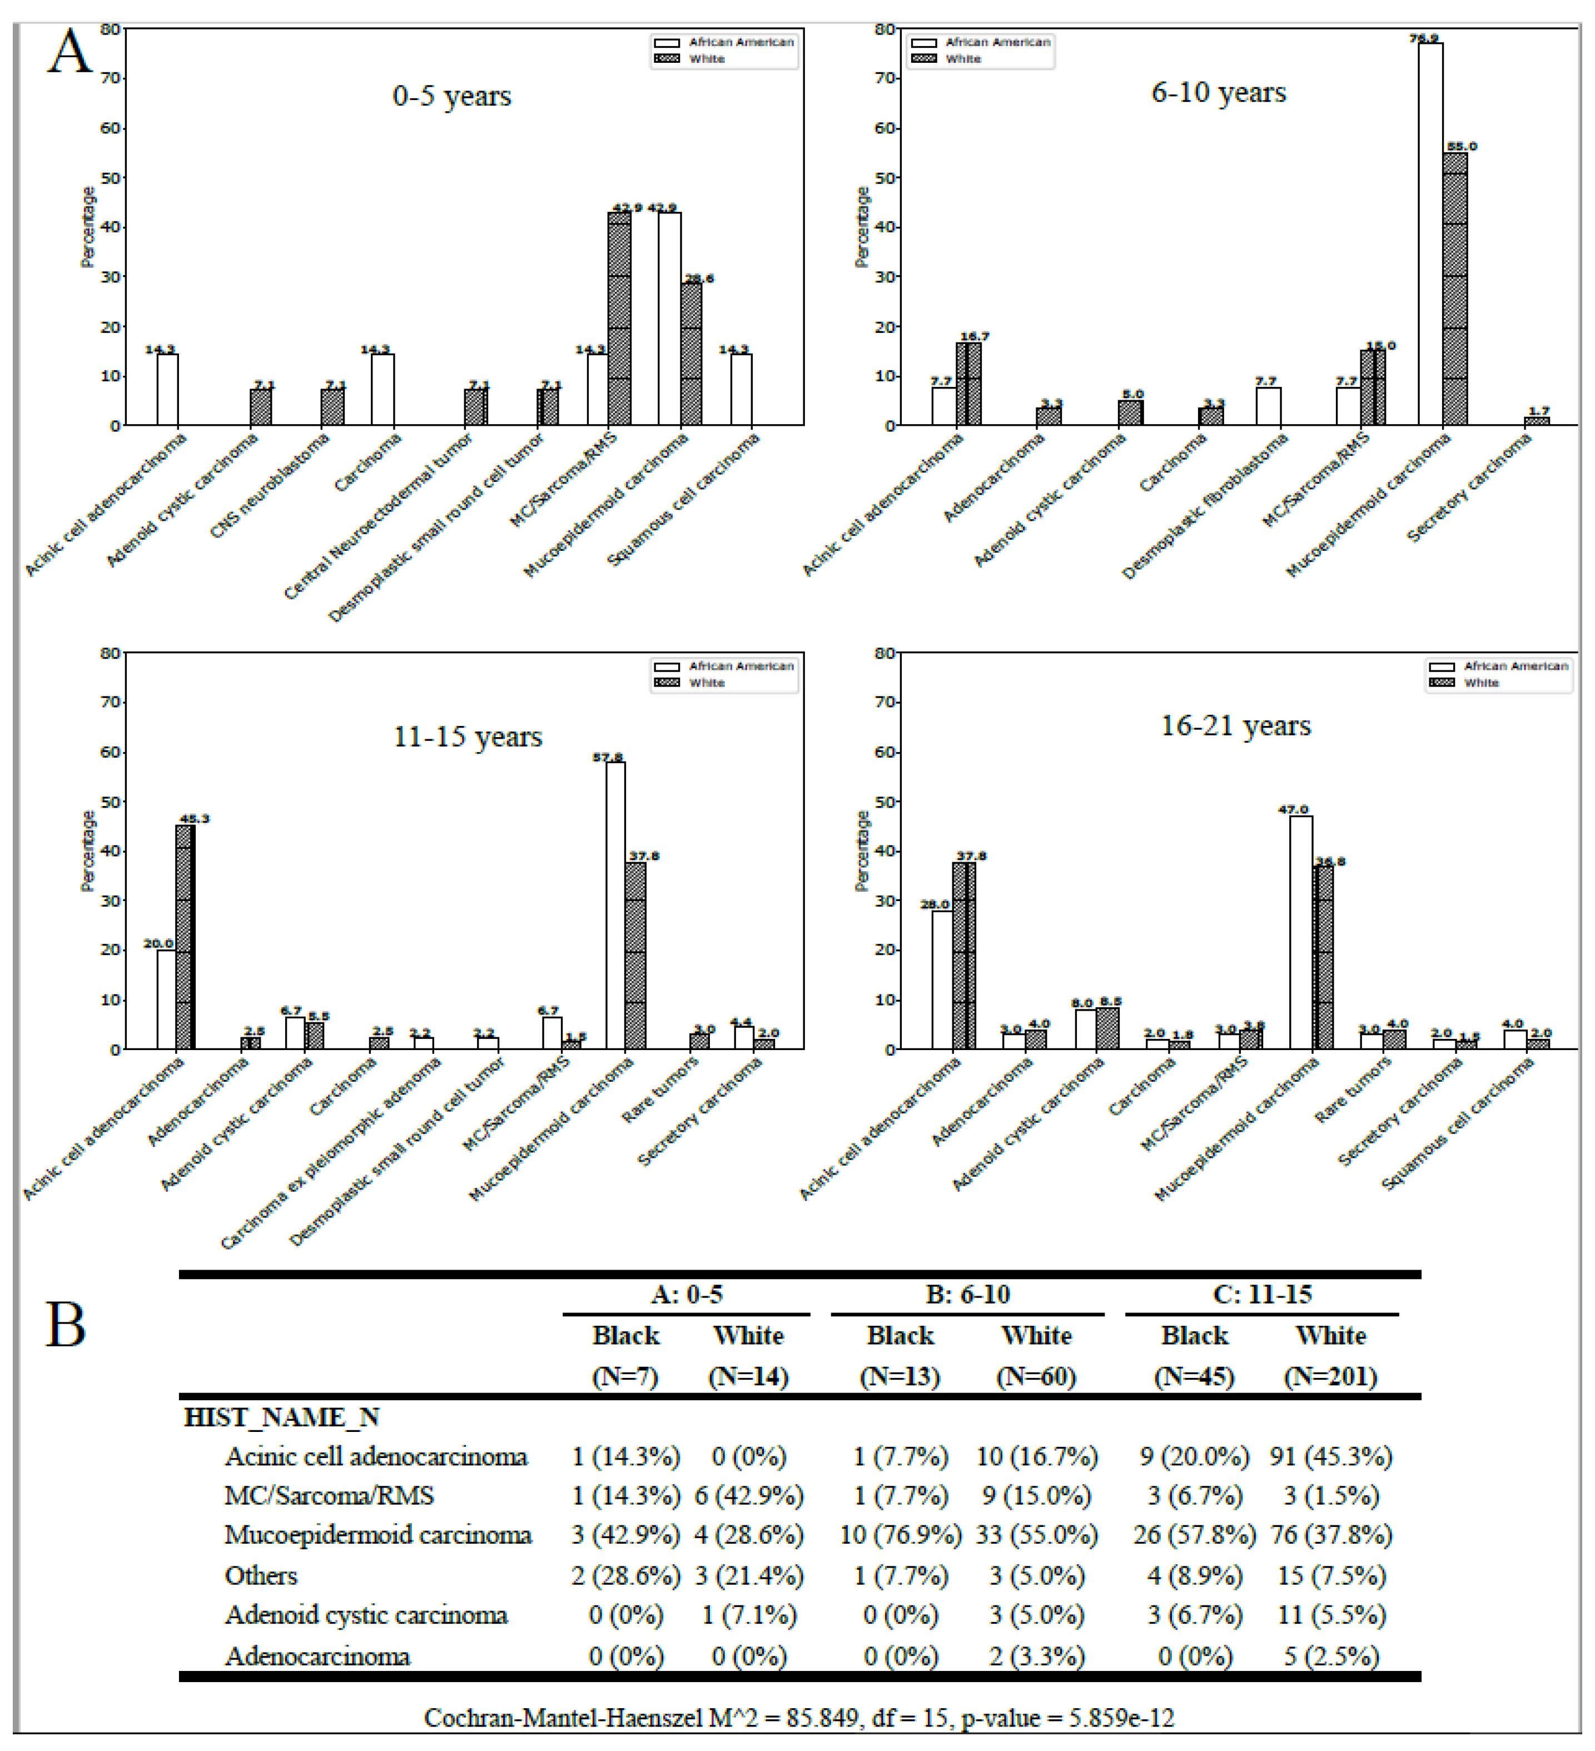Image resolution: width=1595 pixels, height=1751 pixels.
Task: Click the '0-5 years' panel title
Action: coord(452,96)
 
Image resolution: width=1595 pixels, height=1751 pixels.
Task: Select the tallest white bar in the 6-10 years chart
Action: coord(1430,235)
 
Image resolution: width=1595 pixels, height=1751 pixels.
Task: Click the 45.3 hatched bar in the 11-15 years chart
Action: coord(185,938)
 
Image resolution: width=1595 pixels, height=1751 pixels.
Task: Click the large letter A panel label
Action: coord(69,52)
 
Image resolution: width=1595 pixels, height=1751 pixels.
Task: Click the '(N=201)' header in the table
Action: coord(1330,1377)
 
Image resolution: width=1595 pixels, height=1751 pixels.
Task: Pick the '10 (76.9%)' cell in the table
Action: coord(901,1535)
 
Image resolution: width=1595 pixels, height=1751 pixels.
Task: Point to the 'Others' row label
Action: coord(261,1575)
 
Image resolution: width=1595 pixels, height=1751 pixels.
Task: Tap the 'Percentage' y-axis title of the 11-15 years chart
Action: coord(86,851)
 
